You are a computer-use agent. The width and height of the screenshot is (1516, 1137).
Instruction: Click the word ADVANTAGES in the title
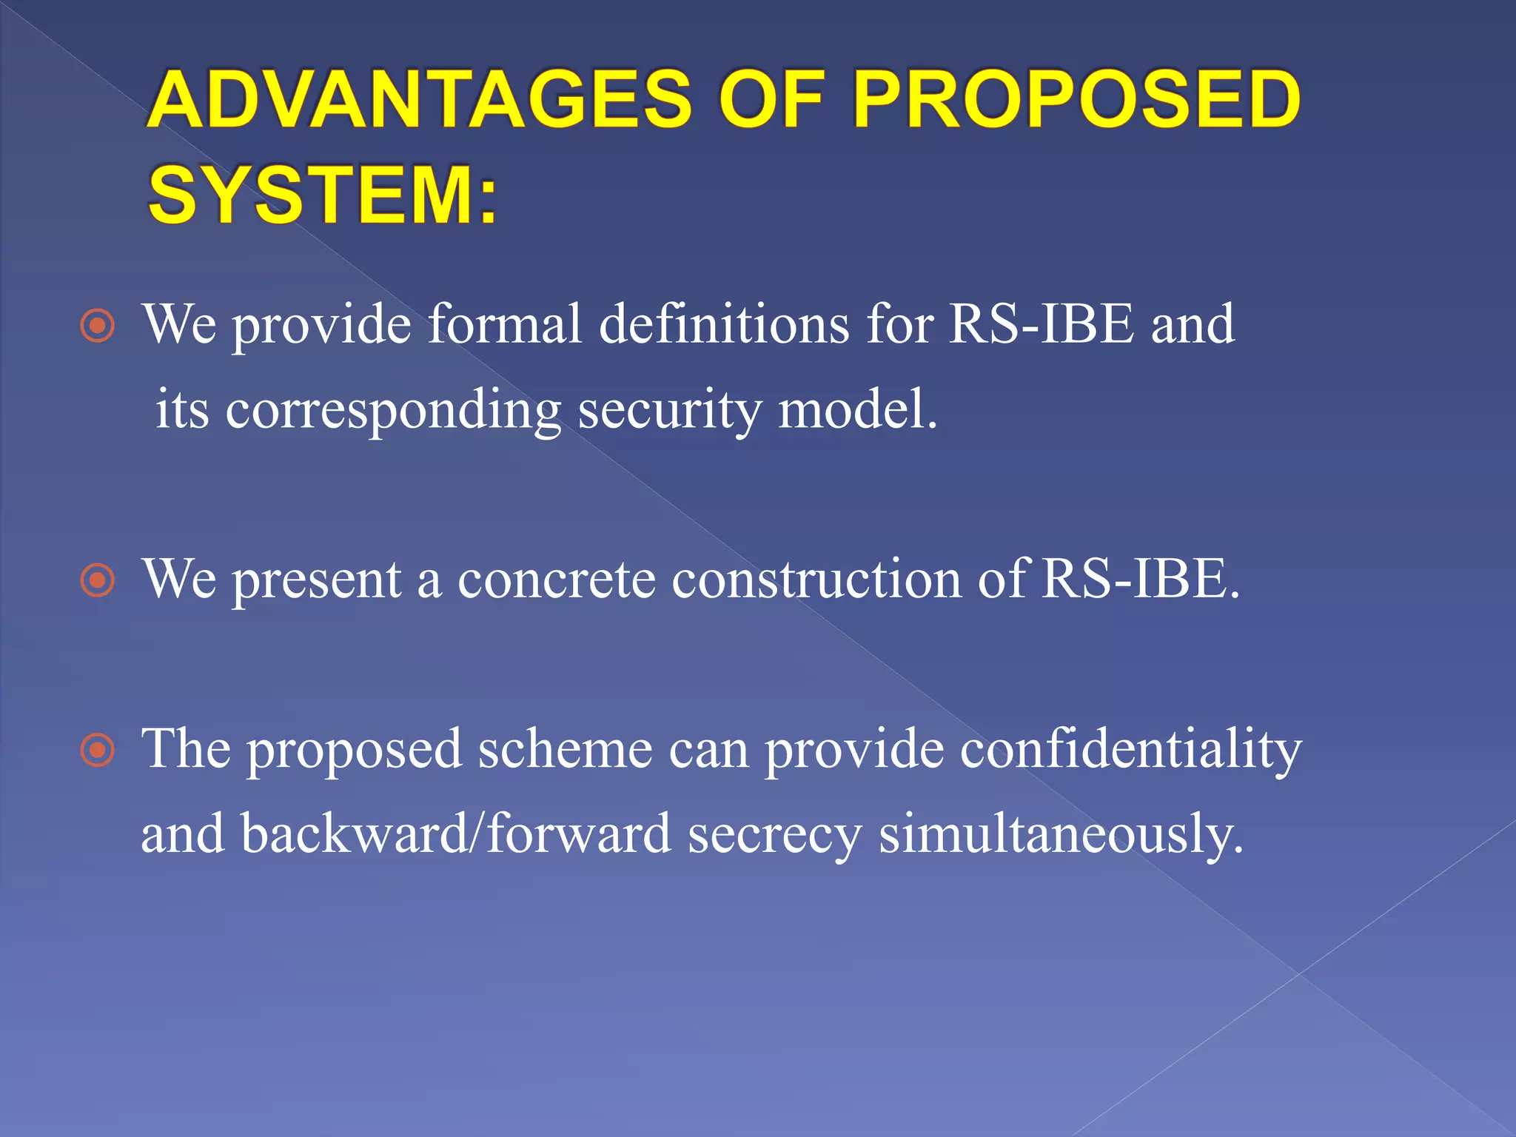[x=419, y=100]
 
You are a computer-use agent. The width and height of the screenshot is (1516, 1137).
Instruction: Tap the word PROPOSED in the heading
[x=1076, y=100]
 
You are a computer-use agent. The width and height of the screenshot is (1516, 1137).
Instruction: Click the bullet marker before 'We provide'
[x=98, y=326]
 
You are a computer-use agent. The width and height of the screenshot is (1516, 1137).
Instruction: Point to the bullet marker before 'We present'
[x=98, y=580]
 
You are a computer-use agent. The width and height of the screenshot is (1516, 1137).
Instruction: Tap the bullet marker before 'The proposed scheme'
[x=98, y=751]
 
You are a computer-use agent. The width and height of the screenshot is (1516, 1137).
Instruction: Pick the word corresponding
[x=392, y=410]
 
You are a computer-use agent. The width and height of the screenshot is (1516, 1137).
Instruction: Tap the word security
[x=669, y=410]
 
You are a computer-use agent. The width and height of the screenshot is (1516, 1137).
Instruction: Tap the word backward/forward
[x=455, y=834]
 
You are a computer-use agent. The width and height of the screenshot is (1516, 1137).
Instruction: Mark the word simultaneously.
[x=1061, y=835]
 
